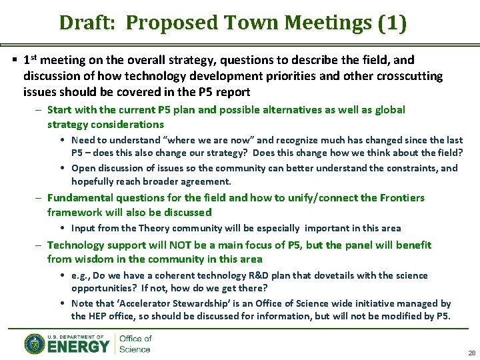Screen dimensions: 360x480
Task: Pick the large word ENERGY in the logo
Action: [78, 347]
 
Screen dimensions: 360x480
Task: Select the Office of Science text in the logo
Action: [135, 344]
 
